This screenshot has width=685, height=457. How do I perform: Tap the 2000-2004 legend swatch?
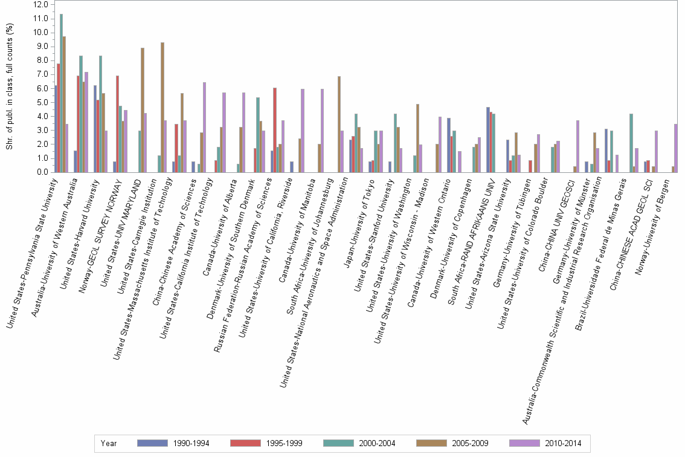click(339, 443)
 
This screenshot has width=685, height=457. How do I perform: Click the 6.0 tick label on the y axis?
click(42, 88)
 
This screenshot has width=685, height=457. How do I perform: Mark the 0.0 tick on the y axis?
click(42, 172)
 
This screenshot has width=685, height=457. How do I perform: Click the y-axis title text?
click(10, 88)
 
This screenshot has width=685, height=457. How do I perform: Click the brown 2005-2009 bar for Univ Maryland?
click(143, 110)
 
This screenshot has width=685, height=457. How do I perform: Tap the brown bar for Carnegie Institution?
click(162, 108)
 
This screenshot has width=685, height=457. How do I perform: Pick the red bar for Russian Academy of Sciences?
click(275, 130)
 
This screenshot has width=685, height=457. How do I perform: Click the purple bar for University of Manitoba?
click(323, 131)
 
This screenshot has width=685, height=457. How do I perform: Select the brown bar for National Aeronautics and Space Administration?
click(339, 125)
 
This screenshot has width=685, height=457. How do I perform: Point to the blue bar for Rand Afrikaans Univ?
click(488, 140)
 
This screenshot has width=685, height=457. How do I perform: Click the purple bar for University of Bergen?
click(676, 148)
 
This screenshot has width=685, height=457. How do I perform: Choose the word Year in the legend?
click(109, 444)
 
